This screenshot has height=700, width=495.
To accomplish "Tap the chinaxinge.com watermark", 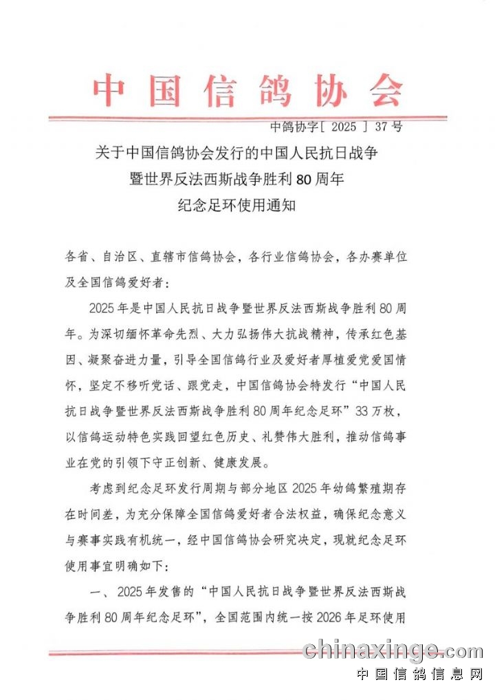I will [393, 650].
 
